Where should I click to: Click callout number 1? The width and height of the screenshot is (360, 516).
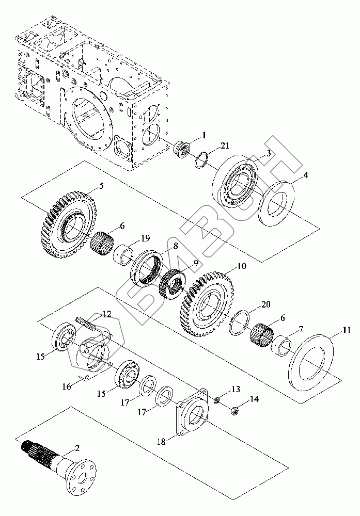pos(205,136)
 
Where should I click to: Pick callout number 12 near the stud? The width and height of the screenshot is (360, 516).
pos(106,314)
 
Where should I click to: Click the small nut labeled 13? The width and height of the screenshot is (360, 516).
pos(218,398)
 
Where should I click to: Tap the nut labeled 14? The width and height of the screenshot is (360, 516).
pos(233,411)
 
